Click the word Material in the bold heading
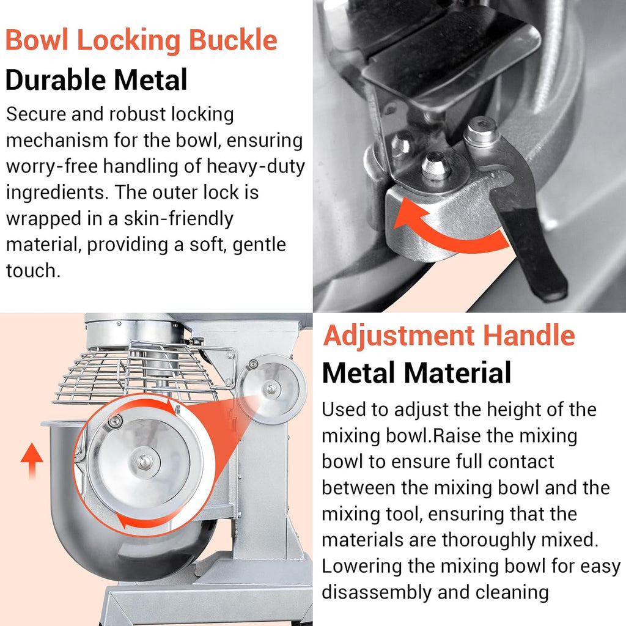tap(457, 373)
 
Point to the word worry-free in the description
tap(52, 166)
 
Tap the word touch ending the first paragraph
tap(33, 271)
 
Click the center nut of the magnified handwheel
tap(144, 462)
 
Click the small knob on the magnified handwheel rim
tap(116, 421)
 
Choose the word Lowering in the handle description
tap(362, 567)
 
